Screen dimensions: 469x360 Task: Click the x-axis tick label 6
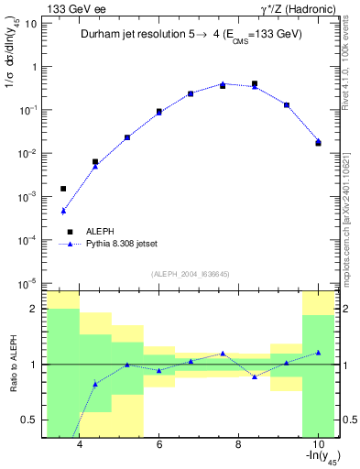coord(159,445)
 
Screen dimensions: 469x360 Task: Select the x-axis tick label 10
coord(317,445)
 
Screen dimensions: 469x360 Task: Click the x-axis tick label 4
coord(80,445)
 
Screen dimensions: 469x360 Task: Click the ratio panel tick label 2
coord(35,310)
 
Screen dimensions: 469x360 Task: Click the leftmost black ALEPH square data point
coord(63,189)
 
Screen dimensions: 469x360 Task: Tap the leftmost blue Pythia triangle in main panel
coord(63,211)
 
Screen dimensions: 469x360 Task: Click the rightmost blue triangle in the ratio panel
coord(318,353)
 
